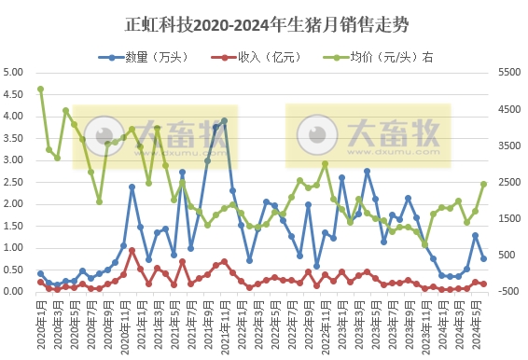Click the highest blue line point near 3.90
(x=224, y=120)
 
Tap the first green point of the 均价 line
(x=40, y=90)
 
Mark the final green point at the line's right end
(x=483, y=184)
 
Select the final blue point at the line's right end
(x=483, y=258)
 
